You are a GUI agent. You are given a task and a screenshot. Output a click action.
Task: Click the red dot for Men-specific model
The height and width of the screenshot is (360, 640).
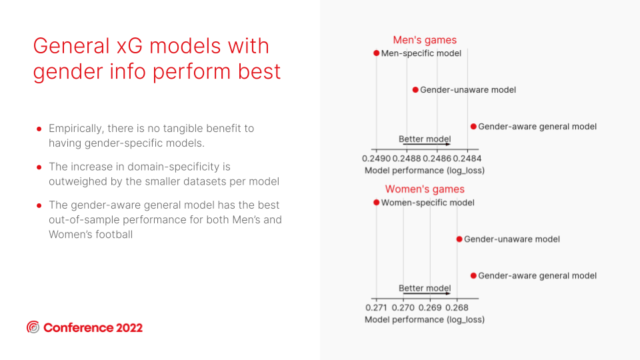click(x=376, y=53)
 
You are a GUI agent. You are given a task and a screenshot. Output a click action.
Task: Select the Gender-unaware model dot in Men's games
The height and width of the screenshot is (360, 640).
click(x=415, y=90)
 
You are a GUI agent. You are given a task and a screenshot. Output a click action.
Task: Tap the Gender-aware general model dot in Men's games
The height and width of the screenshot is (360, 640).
click(x=473, y=127)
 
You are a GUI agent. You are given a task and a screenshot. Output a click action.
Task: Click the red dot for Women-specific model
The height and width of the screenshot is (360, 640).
click(x=376, y=203)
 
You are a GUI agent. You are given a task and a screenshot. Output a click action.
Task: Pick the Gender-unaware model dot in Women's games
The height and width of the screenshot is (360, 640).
click(x=459, y=239)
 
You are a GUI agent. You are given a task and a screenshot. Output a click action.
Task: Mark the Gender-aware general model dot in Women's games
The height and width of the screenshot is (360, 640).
click(x=473, y=276)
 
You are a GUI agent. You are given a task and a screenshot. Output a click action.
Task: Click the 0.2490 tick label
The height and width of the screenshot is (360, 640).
click(x=376, y=159)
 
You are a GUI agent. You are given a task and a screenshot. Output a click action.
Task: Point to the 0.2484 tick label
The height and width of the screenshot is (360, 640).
click(x=467, y=159)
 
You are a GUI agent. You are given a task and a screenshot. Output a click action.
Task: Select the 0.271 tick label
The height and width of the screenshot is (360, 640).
click(x=376, y=308)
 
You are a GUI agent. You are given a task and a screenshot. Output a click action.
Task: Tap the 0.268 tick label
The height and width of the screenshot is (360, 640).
click(x=457, y=308)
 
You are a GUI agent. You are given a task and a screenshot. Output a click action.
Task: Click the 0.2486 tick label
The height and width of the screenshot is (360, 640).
click(x=437, y=159)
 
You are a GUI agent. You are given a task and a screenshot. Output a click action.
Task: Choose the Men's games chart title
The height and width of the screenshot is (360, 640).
click(x=425, y=40)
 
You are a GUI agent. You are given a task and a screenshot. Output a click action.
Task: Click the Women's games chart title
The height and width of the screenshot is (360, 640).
click(x=425, y=189)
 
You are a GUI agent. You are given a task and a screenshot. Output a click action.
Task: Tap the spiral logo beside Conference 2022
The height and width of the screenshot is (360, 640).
click(x=33, y=327)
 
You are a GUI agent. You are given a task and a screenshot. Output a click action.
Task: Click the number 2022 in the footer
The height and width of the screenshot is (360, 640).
click(x=129, y=328)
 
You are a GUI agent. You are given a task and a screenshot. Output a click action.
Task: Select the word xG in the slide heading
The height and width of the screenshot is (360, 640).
click(x=129, y=46)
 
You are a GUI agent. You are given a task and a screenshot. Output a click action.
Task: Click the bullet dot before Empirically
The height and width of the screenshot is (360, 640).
click(x=39, y=129)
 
